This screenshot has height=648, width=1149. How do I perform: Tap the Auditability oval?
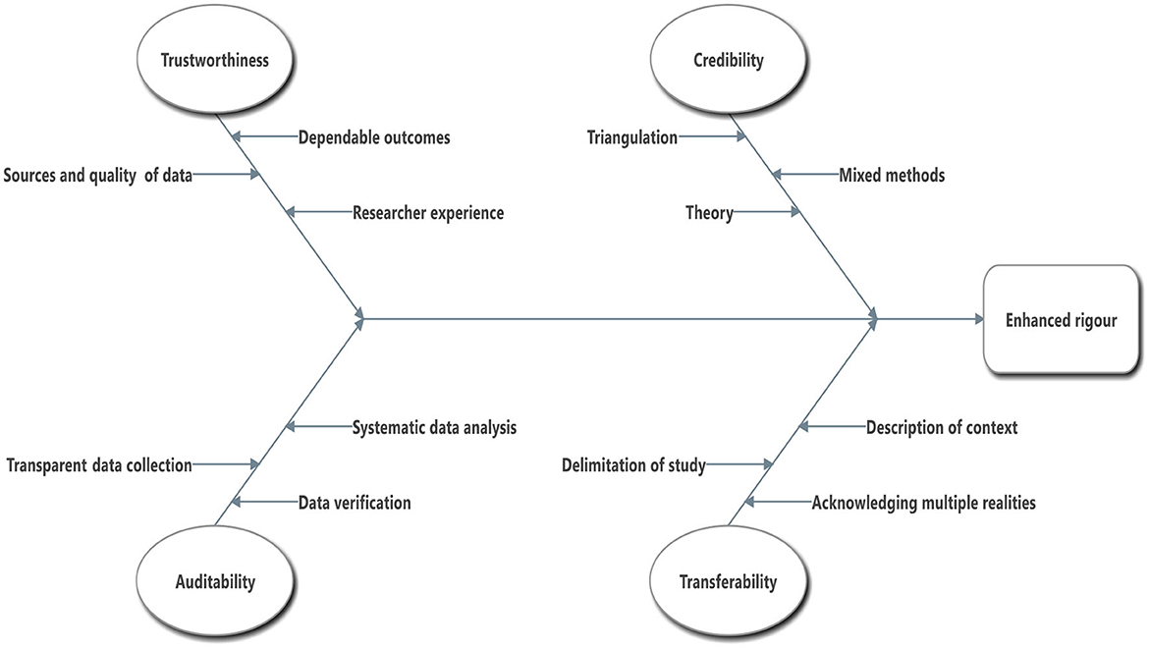click(x=216, y=581)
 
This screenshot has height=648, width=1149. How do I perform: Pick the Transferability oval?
click(x=728, y=581)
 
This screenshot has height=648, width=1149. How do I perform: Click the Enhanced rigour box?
click(x=1061, y=320)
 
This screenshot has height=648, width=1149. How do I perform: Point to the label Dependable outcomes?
click(x=374, y=137)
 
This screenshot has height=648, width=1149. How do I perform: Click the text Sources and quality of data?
click(x=98, y=176)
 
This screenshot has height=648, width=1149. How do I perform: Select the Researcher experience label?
click(x=428, y=212)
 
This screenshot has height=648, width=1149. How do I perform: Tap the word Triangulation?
click(x=632, y=137)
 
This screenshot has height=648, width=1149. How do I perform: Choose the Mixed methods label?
click(x=892, y=176)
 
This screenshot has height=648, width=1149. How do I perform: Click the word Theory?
click(x=709, y=212)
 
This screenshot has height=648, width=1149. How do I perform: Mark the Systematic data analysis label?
click(x=434, y=427)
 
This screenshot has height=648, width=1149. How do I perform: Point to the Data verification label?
click(x=355, y=503)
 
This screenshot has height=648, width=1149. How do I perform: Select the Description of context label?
click(x=941, y=427)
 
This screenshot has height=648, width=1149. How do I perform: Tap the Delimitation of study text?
click(x=633, y=465)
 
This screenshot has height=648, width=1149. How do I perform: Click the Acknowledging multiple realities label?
click(x=923, y=503)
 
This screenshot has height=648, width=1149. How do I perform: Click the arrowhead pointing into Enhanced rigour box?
click(x=977, y=319)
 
